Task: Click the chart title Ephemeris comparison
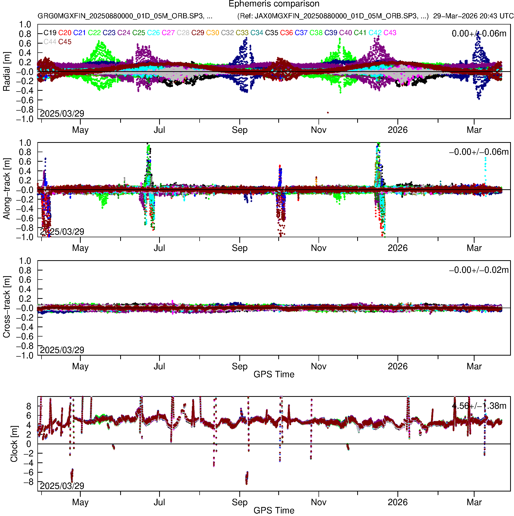pyautogui.click(x=274, y=4)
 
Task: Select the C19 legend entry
pyautogui.click(x=50, y=33)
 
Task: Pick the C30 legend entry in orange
pyautogui.click(x=213, y=33)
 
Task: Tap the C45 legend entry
pyautogui.click(x=65, y=42)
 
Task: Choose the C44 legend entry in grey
pyautogui.click(x=50, y=42)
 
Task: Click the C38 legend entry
pyautogui.click(x=316, y=33)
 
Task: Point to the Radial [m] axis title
pyautogui.click(x=6, y=72)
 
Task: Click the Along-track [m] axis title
pyautogui.click(x=6, y=189)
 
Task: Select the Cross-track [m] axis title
pyautogui.click(x=6, y=307)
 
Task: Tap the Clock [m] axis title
pyautogui.click(x=14, y=444)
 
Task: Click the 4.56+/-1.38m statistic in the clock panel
pyautogui.click(x=479, y=406)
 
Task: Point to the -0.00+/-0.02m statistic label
pyautogui.click(x=479, y=270)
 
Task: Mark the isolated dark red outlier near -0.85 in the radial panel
pyautogui.click(x=328, y=113)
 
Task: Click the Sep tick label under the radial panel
pyautogui.click(x=240, y=130)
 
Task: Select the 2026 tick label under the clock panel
pyautogui.click(x=397, y=502)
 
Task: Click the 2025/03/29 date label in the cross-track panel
pyautogui.click(x=62, y=350)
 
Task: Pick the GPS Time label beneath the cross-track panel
pyautogui.click(x=274, y=374)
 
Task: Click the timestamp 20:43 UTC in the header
pyautogui.click(x=496, y=16)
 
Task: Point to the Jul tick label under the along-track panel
pyautogui.click(x=159, y=248)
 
